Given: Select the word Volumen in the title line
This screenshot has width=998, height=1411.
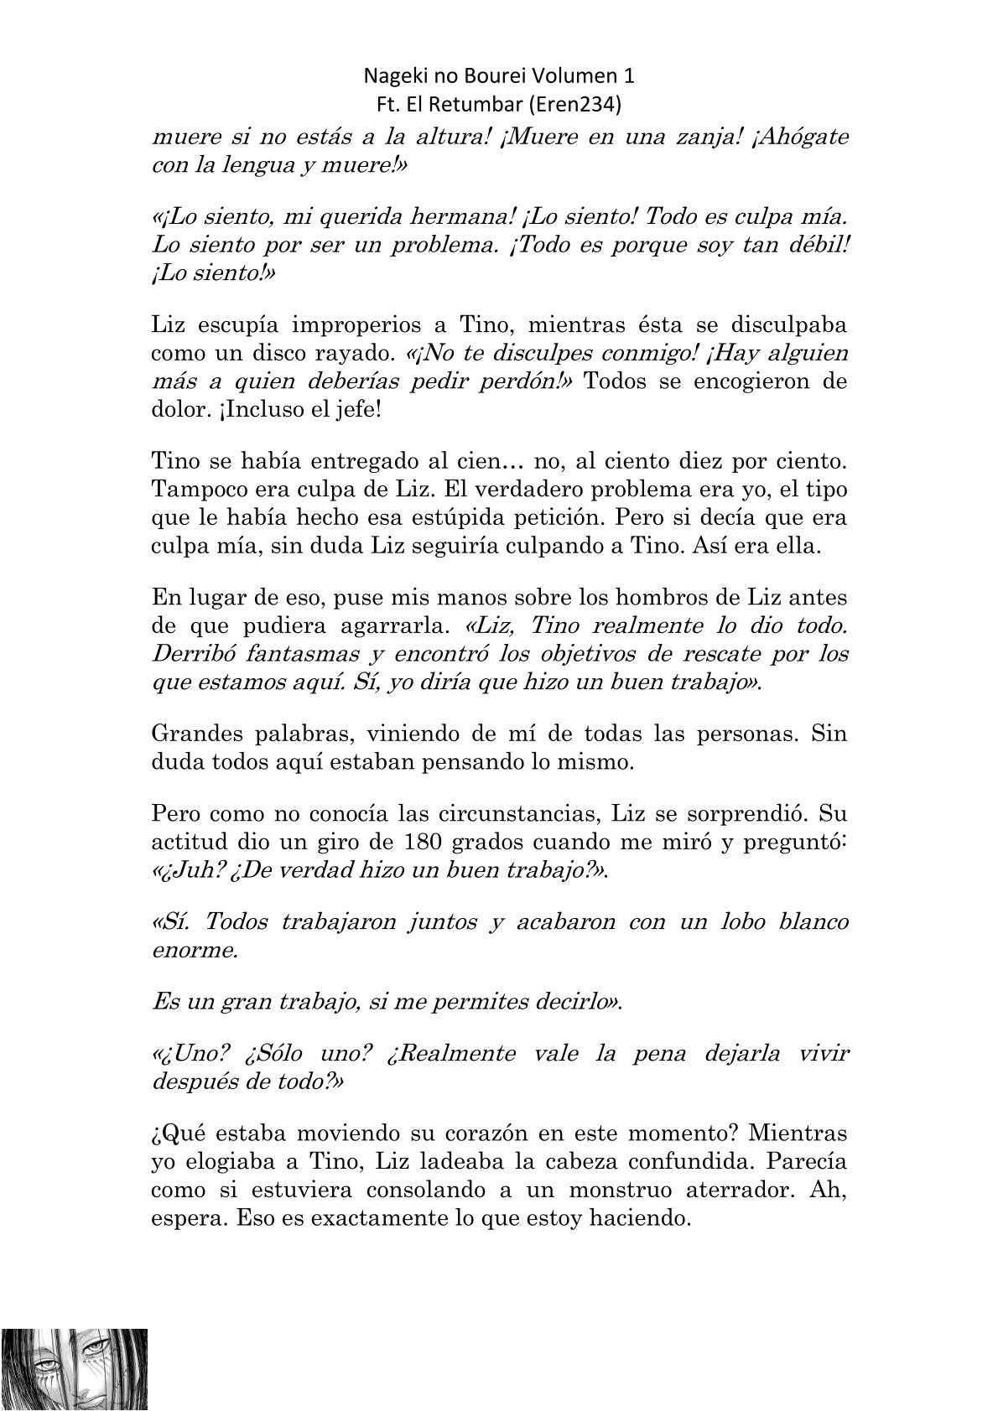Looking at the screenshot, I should (574, 75).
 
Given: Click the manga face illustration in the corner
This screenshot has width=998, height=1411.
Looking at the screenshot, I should (75, 1367).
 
